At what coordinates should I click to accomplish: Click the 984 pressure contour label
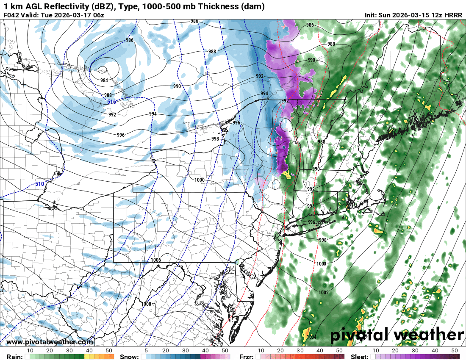click(104, 80)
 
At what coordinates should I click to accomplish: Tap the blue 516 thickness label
click(111, 102)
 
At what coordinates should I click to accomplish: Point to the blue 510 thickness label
click(39, 184)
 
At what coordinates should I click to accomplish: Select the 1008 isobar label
click(146, 304)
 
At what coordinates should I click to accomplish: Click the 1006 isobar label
click(155, 260)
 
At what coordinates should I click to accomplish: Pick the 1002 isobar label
click(324, 292)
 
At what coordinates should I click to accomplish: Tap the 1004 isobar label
click(311, 337)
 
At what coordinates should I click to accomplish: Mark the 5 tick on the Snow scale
click(146, 351)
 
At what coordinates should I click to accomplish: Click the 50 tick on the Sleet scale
click(455, 351)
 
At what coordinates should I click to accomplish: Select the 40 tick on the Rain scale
click(89, 351)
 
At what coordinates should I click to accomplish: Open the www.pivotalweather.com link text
click(50, 342)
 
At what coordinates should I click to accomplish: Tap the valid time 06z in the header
click(97, 15)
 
